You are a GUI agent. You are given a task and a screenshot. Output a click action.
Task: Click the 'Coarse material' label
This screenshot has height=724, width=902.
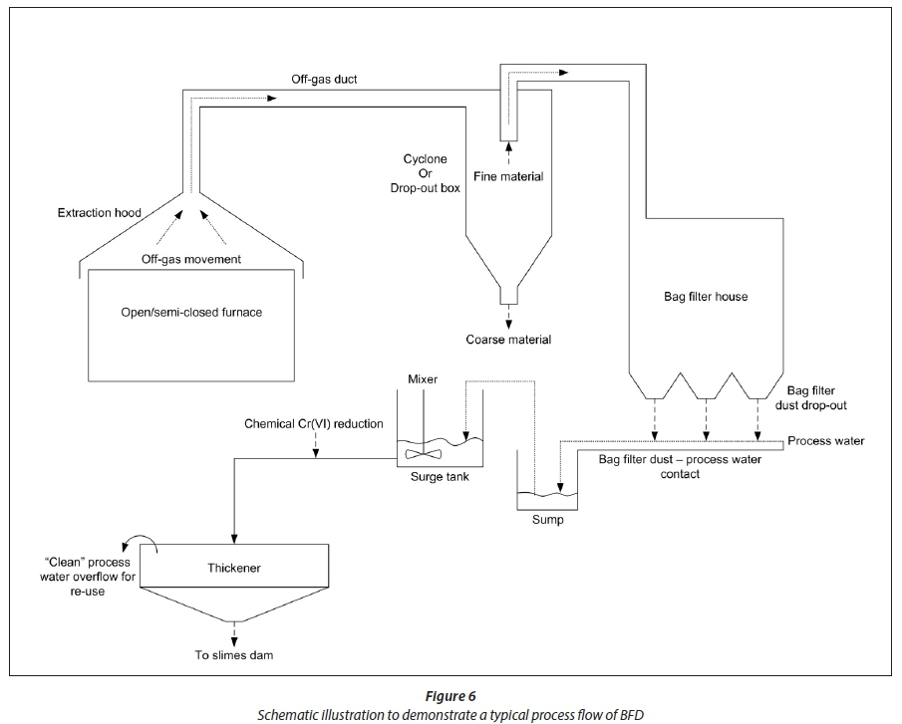507,340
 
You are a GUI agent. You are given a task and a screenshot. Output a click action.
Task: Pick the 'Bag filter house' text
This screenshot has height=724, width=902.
705,297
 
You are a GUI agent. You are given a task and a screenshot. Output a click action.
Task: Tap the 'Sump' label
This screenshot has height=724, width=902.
547,519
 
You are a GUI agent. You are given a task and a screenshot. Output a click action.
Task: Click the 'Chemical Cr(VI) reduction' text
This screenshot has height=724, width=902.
313,424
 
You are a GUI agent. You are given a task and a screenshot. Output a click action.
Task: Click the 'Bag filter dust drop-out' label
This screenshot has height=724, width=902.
822,399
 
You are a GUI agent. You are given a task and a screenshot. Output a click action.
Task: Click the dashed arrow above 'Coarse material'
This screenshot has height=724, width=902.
507,313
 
